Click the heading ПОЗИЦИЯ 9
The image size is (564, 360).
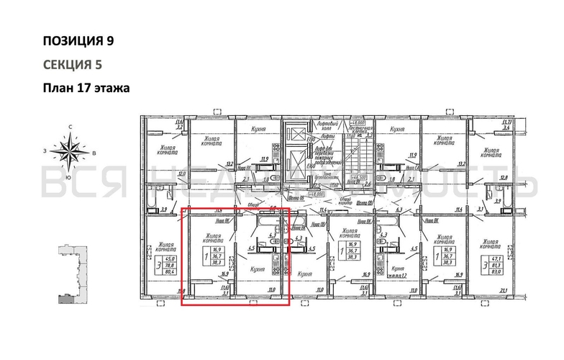pyautogui.click(x=78, y=40)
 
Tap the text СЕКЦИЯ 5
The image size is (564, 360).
pyautogui.click(x=72, y=64)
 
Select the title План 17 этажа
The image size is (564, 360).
pyautogui.click(x=85, y=89)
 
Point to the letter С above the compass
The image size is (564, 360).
pyautogui.click(x=70, y=127)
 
